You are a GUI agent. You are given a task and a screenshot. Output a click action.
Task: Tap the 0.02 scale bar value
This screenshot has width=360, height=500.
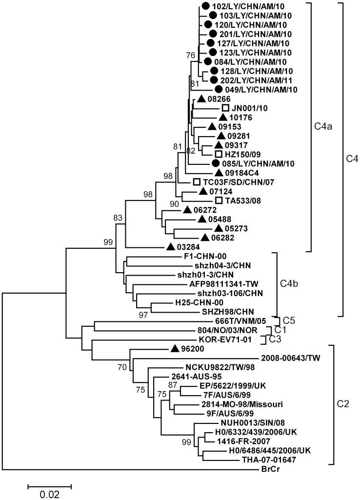pos(49,494)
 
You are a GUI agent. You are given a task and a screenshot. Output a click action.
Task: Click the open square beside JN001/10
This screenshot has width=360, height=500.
pos(225,108)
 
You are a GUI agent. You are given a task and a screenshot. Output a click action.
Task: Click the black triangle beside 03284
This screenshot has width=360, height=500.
pos(171,246)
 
